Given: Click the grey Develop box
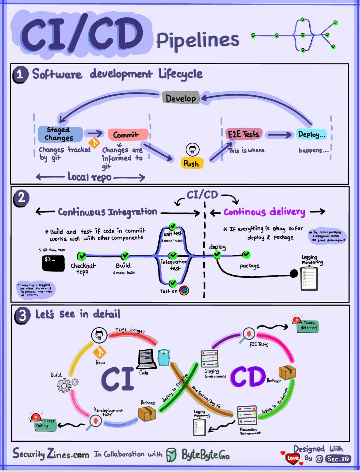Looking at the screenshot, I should [x=181, y=98].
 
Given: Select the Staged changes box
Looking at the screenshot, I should [x=60, y=134].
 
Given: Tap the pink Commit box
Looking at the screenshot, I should [x=128, y=135].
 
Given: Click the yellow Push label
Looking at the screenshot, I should [x=191, y=163].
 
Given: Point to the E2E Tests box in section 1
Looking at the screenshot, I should [x=244, y=134].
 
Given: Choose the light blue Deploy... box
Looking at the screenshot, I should [x=312, y=134].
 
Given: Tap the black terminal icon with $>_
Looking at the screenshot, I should [x=53, y=263].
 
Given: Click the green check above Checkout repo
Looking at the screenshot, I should [x=82, y=256].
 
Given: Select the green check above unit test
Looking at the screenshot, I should [x=173, y=226].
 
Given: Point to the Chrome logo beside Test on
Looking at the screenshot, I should [x=184, y=290].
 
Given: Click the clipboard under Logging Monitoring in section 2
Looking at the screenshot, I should [x=309, y=279].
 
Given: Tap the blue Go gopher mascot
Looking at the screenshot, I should [x=164, y=357].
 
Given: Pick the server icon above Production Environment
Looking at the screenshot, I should [x=247, y=415].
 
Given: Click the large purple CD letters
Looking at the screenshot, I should [x=248, y=377].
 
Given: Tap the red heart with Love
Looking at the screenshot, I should [x=292, y=458].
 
